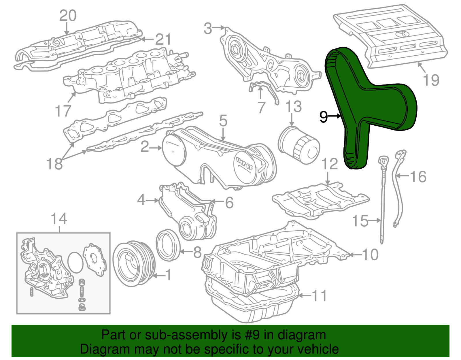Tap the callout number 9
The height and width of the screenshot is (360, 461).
click(x=324, y=117)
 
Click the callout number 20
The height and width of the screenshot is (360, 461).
click(x=68, y=16)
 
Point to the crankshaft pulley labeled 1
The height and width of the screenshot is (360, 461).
click(x=134, y=263)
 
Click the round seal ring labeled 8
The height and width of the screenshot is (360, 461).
click(x=168, y=245)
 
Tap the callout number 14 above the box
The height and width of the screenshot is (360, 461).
click(x=59, y=219)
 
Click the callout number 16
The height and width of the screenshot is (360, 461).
click(x=418, y=176)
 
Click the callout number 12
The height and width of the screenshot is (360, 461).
click(x=329, y=164)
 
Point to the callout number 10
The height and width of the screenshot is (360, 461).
click(x=370, y=255)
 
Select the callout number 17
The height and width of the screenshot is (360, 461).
click(x=63, y=111)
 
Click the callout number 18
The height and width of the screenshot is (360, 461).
click(x=54, y=164)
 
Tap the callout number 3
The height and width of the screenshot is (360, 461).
click(x=208, y=29)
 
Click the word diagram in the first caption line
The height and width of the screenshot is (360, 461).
click(x=302, y=335)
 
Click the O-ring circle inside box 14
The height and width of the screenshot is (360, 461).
click(x=75, y=262)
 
